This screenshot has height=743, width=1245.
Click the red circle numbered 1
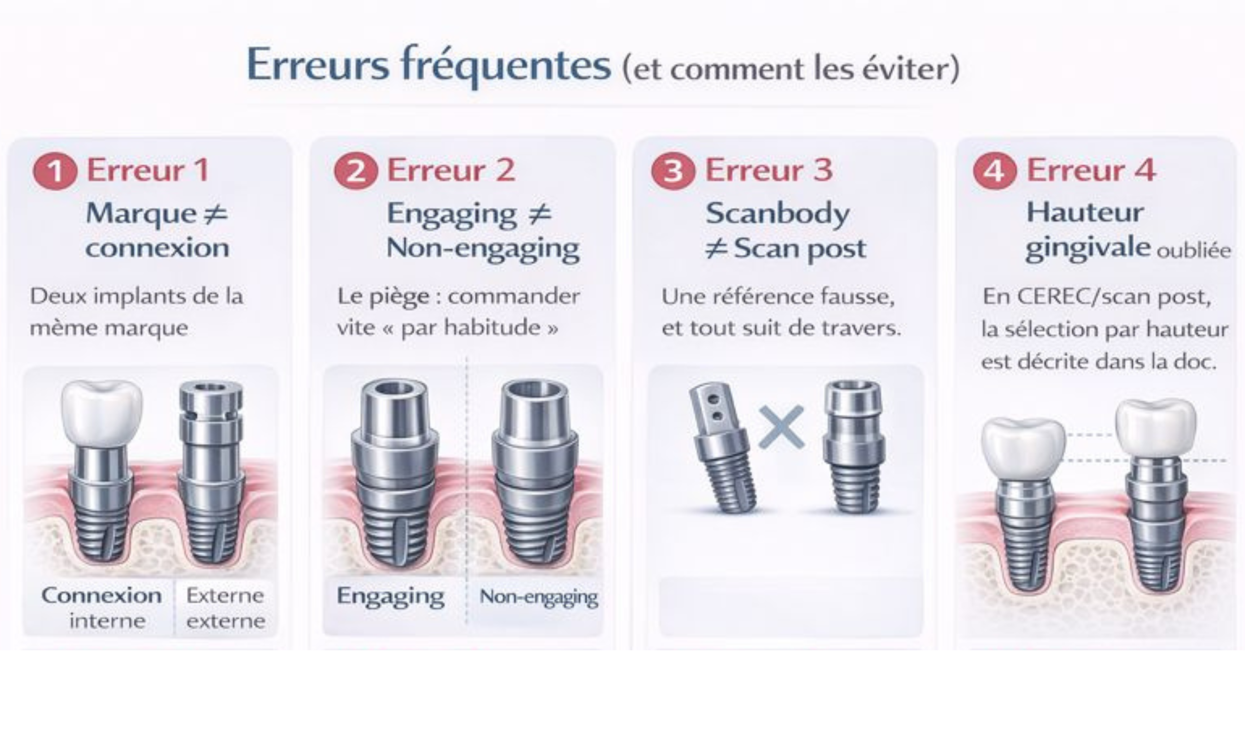point(55,172)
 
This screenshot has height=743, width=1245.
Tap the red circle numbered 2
point(356,172)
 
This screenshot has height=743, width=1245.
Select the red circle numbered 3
point(673,172)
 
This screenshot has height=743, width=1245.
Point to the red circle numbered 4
point(995,172)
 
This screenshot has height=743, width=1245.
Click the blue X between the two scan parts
point(781,426)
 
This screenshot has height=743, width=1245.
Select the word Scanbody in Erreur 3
point(777,214)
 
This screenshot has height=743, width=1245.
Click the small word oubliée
point(1193,250)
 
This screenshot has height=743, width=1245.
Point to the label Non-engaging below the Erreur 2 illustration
point(538,597)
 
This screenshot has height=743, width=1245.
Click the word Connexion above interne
point(102,596)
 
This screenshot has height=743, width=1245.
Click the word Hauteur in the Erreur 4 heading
point(1085,213)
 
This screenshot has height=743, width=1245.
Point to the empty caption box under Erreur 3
point(791,607)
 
